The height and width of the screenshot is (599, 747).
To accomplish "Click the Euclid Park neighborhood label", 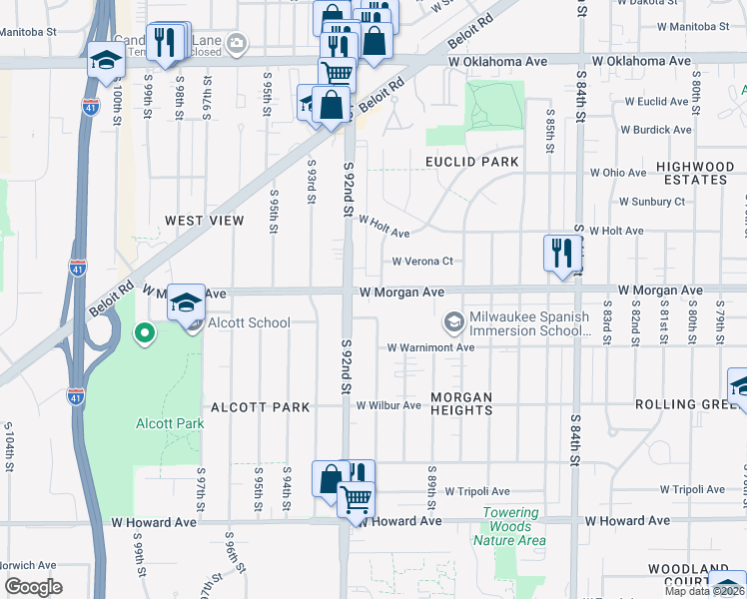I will coord(472,162).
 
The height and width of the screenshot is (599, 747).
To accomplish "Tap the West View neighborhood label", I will coord(204,220).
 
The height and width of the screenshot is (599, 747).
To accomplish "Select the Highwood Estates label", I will coord(694,173).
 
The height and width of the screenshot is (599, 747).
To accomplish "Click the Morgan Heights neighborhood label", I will coord(461,404).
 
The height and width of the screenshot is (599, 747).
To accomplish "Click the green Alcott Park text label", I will coord(170,423).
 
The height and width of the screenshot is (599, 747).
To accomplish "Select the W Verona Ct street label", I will coord(421,262).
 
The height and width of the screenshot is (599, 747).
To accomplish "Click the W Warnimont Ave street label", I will coord(430,348).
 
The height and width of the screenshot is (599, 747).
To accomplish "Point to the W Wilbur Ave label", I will coord(389,405).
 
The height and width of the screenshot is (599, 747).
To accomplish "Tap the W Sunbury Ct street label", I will coord(651,202).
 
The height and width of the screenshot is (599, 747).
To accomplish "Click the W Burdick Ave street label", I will coord(655,130).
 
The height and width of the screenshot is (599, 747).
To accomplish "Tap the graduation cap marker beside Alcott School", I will coord(185,300).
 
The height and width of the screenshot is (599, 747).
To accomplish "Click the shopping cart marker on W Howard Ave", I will coord(355,497).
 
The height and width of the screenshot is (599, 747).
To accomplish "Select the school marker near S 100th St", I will coord(105,60).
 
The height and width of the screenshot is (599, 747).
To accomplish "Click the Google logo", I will coord(33,587).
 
